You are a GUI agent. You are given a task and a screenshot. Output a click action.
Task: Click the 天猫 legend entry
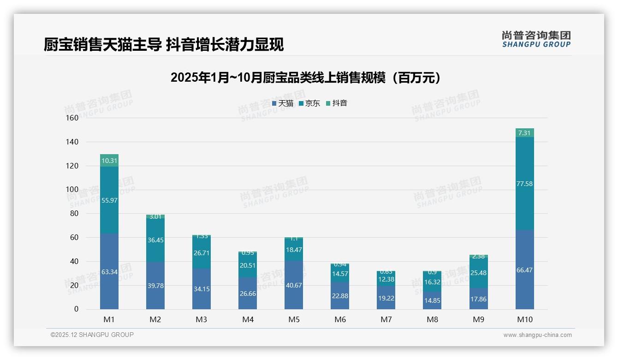pyautogui.click(x=283, y=103)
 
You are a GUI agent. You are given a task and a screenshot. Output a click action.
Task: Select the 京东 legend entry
pyautogui.click(x=309, y=103)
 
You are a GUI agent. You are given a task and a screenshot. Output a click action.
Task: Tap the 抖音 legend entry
pyautogui.click(x=337, y=103)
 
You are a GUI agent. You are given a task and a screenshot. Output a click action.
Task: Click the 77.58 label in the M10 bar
pyautogui.click(x=525, y=184)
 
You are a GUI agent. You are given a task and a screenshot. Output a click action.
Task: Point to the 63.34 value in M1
pyautogui.click(x=109, y=272)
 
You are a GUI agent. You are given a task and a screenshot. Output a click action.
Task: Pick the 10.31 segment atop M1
pyautogui.click(x=109, y=161)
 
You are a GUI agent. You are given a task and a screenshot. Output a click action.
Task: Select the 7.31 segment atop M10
pyautogui.click(x=525, y=133)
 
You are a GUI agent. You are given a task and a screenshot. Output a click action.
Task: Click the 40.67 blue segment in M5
pyautogui.click(x=294, y=285)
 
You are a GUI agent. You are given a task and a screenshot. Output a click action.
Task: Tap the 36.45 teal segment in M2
pyautogui.click(x=155, y=240)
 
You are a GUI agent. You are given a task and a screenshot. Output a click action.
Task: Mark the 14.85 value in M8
pyautogui.click(x=432, y=301)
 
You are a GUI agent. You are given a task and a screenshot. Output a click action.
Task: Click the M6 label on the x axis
pyautogui.click(x=340, y=319)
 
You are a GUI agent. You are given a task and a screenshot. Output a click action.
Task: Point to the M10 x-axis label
pyautogui.click(x=525, y=319)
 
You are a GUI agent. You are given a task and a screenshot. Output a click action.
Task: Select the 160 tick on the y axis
pyautogui.click(x=72, y=118)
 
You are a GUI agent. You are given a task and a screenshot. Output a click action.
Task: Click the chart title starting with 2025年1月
pyautogui.click(x=306, y=78)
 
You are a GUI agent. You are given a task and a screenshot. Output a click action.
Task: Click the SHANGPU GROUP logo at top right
pyautogui.click(x=536, y=39)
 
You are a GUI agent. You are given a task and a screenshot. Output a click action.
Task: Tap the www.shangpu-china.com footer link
pyautogui.click(x=537, y=335)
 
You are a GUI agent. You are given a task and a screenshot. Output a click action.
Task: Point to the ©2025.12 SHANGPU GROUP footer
pyautogui.click(x=92, y=335)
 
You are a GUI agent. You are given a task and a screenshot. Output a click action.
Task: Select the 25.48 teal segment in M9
pyautogui.click(x=478, y=273)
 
